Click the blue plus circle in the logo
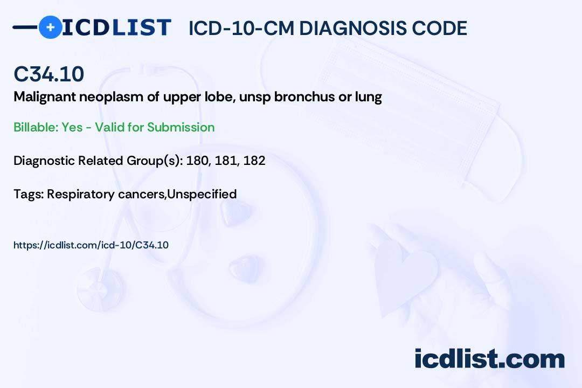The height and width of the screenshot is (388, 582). pyautogui.click(x=50, y=27)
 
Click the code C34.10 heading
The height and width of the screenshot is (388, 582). pyautogui.click(x=48, y=74)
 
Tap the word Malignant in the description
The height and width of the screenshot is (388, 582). pyautogui.click(x=45, y=98)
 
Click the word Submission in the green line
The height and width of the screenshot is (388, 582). pyautogui.click(x=181, y=127)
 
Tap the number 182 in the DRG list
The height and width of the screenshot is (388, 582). pyautogui.click(x=254, y=161)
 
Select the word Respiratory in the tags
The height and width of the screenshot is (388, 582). pyautogui.click(x=80, y=195)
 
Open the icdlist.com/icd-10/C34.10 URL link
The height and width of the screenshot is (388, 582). pyautogui.click(x=91, y=245)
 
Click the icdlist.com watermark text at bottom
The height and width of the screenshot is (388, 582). pyautogui.click(x=489, y=358)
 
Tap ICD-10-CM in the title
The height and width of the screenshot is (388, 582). pyautogui.click(x=241, y=28)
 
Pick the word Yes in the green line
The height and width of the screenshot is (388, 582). pyautogui.click(x=72, y=127)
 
